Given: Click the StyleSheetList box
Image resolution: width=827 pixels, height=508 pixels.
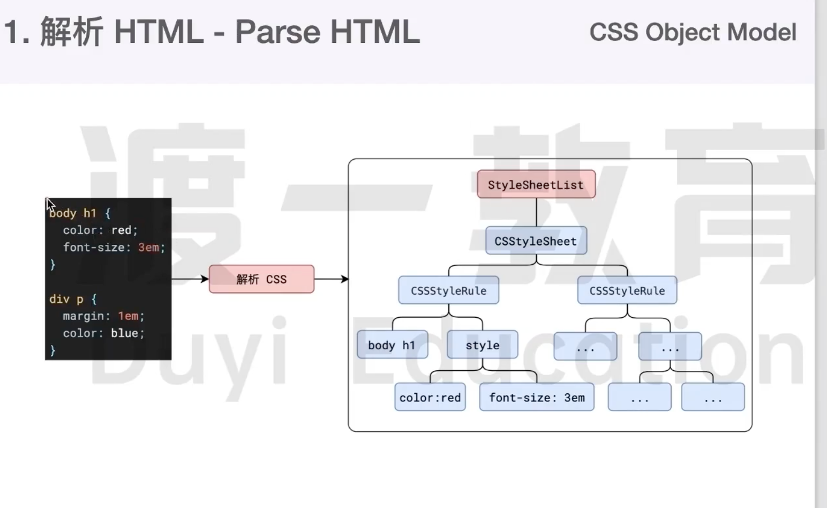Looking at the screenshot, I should click(536, 184).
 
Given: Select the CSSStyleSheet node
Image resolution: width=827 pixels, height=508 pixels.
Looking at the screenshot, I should click(536, 241).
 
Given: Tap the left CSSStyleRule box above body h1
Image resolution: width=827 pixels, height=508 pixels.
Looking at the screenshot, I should click(449, 290).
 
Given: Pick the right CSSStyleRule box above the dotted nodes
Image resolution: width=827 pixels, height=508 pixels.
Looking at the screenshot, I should click(627, 290).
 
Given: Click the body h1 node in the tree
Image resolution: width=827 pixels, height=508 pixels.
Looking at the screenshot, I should click(392, 345).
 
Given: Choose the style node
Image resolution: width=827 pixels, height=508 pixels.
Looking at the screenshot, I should click(482, 345).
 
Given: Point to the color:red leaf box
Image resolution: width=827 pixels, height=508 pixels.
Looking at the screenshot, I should click(430, 397).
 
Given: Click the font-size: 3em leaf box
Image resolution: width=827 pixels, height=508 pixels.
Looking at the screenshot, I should click(537, 397).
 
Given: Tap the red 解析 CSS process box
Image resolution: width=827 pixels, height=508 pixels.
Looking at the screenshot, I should click(261, 279).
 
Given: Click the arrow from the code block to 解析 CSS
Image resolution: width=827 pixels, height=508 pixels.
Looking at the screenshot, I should click(190, 279).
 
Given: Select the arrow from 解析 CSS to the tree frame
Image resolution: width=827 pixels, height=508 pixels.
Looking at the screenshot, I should click(331, 279).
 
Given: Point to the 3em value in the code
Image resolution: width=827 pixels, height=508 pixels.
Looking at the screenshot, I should click(148, 247).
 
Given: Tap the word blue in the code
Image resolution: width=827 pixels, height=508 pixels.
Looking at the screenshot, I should click(124, 333).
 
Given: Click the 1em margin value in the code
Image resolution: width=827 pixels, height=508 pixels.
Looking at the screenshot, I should click(128, 316).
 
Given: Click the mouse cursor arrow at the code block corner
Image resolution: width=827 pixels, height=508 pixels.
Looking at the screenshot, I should click(50, 204).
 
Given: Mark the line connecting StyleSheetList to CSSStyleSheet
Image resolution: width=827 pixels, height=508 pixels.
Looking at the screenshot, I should click(536, 212).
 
